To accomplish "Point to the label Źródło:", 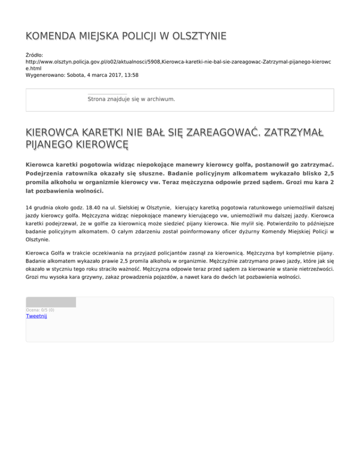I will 35,55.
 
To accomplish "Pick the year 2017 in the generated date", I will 112,75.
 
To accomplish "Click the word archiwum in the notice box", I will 160,99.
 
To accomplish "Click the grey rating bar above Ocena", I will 51,302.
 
